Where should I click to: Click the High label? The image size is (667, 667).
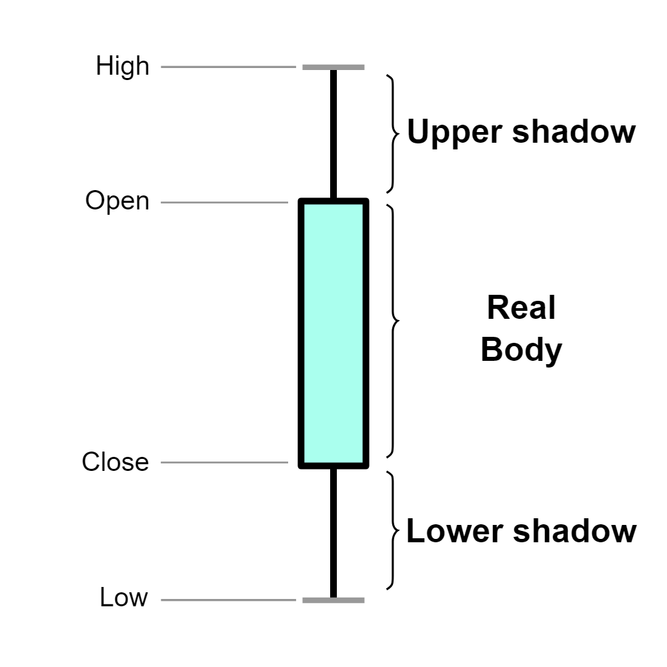click(123, 67)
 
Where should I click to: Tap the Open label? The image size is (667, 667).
click(117, 201)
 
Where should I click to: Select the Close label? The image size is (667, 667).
click(115, 462)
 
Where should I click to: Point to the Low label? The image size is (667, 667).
click(123, 598)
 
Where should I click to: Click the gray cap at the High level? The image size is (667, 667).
click(333, 67)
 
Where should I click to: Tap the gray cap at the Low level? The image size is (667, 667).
click(333, 600)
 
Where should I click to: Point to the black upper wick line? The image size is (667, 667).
click(333, 133)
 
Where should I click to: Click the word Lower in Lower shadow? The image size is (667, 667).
click(454, 532)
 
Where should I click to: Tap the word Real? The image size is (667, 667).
click(521, 308)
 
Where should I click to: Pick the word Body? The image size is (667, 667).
click(521, 350)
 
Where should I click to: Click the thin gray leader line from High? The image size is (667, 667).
click(227, 67)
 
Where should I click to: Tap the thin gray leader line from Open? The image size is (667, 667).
click(223, 201)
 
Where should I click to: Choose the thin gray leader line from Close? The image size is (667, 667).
click(223, 462)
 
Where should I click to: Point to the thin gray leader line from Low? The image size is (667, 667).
click(227, 600)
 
